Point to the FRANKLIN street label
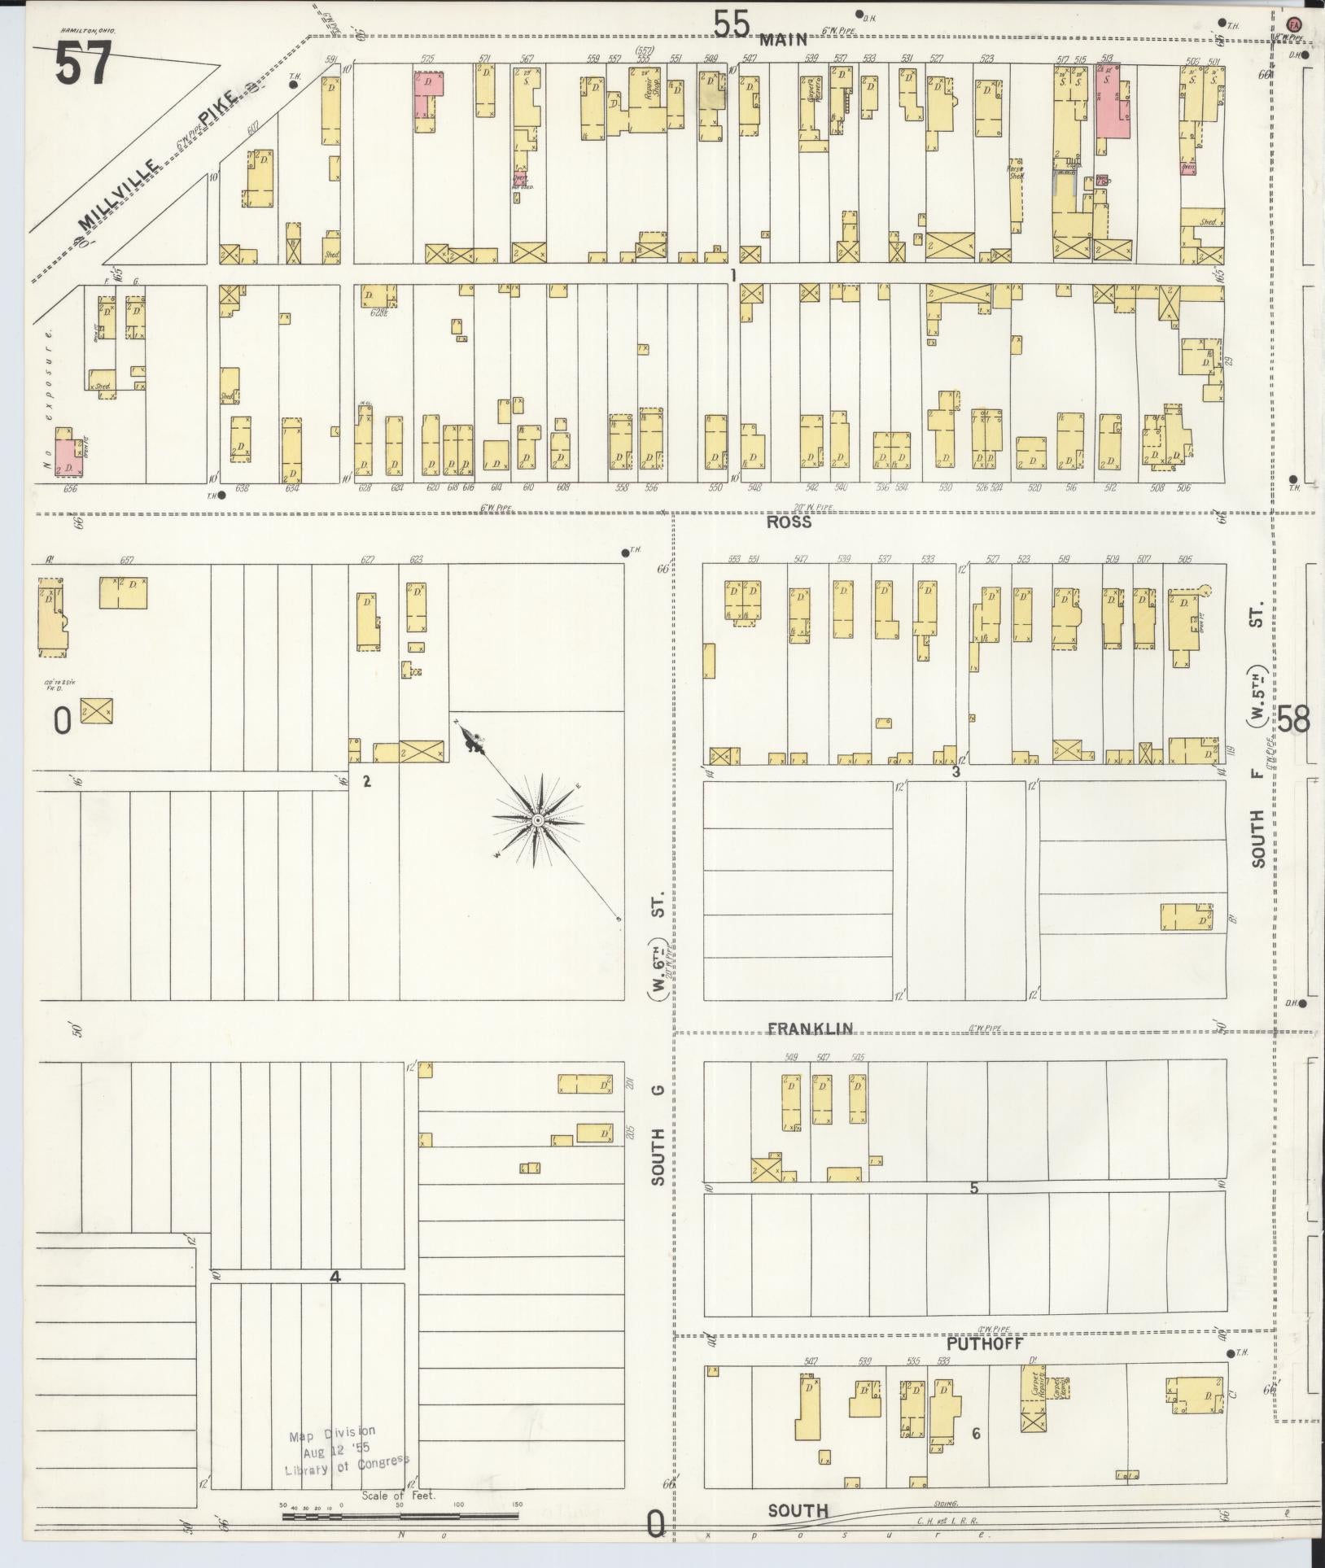(811, 1029)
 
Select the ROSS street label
(789, 522)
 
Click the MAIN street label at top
(785, 39)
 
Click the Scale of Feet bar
(400, 1515)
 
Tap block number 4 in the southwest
(335, 1277)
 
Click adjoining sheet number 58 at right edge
(1292, 719)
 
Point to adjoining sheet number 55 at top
(731, 24)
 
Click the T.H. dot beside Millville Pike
(294, 83)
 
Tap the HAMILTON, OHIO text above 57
(88, 30)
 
